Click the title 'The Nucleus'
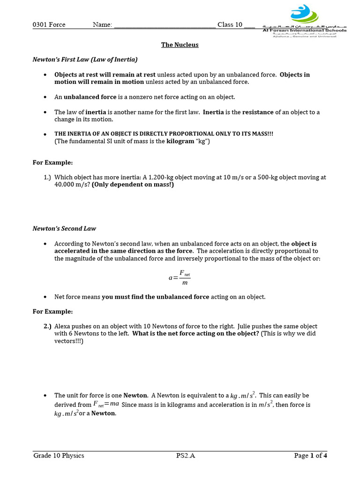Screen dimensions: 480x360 pyautogui.click(x=180, y=45)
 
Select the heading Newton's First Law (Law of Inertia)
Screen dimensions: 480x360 pyautogui.click(x=85, y=60)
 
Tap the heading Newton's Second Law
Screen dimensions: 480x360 pyautogui.click(x=64, y=229)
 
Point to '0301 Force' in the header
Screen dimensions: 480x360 pyautogui.click(x=49, y=25)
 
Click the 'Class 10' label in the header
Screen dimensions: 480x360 pyautogui.click(x=230, y=25)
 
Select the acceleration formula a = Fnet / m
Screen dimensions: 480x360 pyautogui.click(x=180, y=277)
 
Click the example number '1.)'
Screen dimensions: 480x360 pyautogui.click(x=47, y=178)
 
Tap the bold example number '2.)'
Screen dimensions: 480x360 pyautogui.click(x=47, y=326)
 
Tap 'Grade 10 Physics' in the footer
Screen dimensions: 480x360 pyautogui.click(x=59, y=456)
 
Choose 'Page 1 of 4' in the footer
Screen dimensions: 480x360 pyautogui.click(x=310, y=456)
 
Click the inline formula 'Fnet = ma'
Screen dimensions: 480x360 pyautogui.click(x=106, y=405)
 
